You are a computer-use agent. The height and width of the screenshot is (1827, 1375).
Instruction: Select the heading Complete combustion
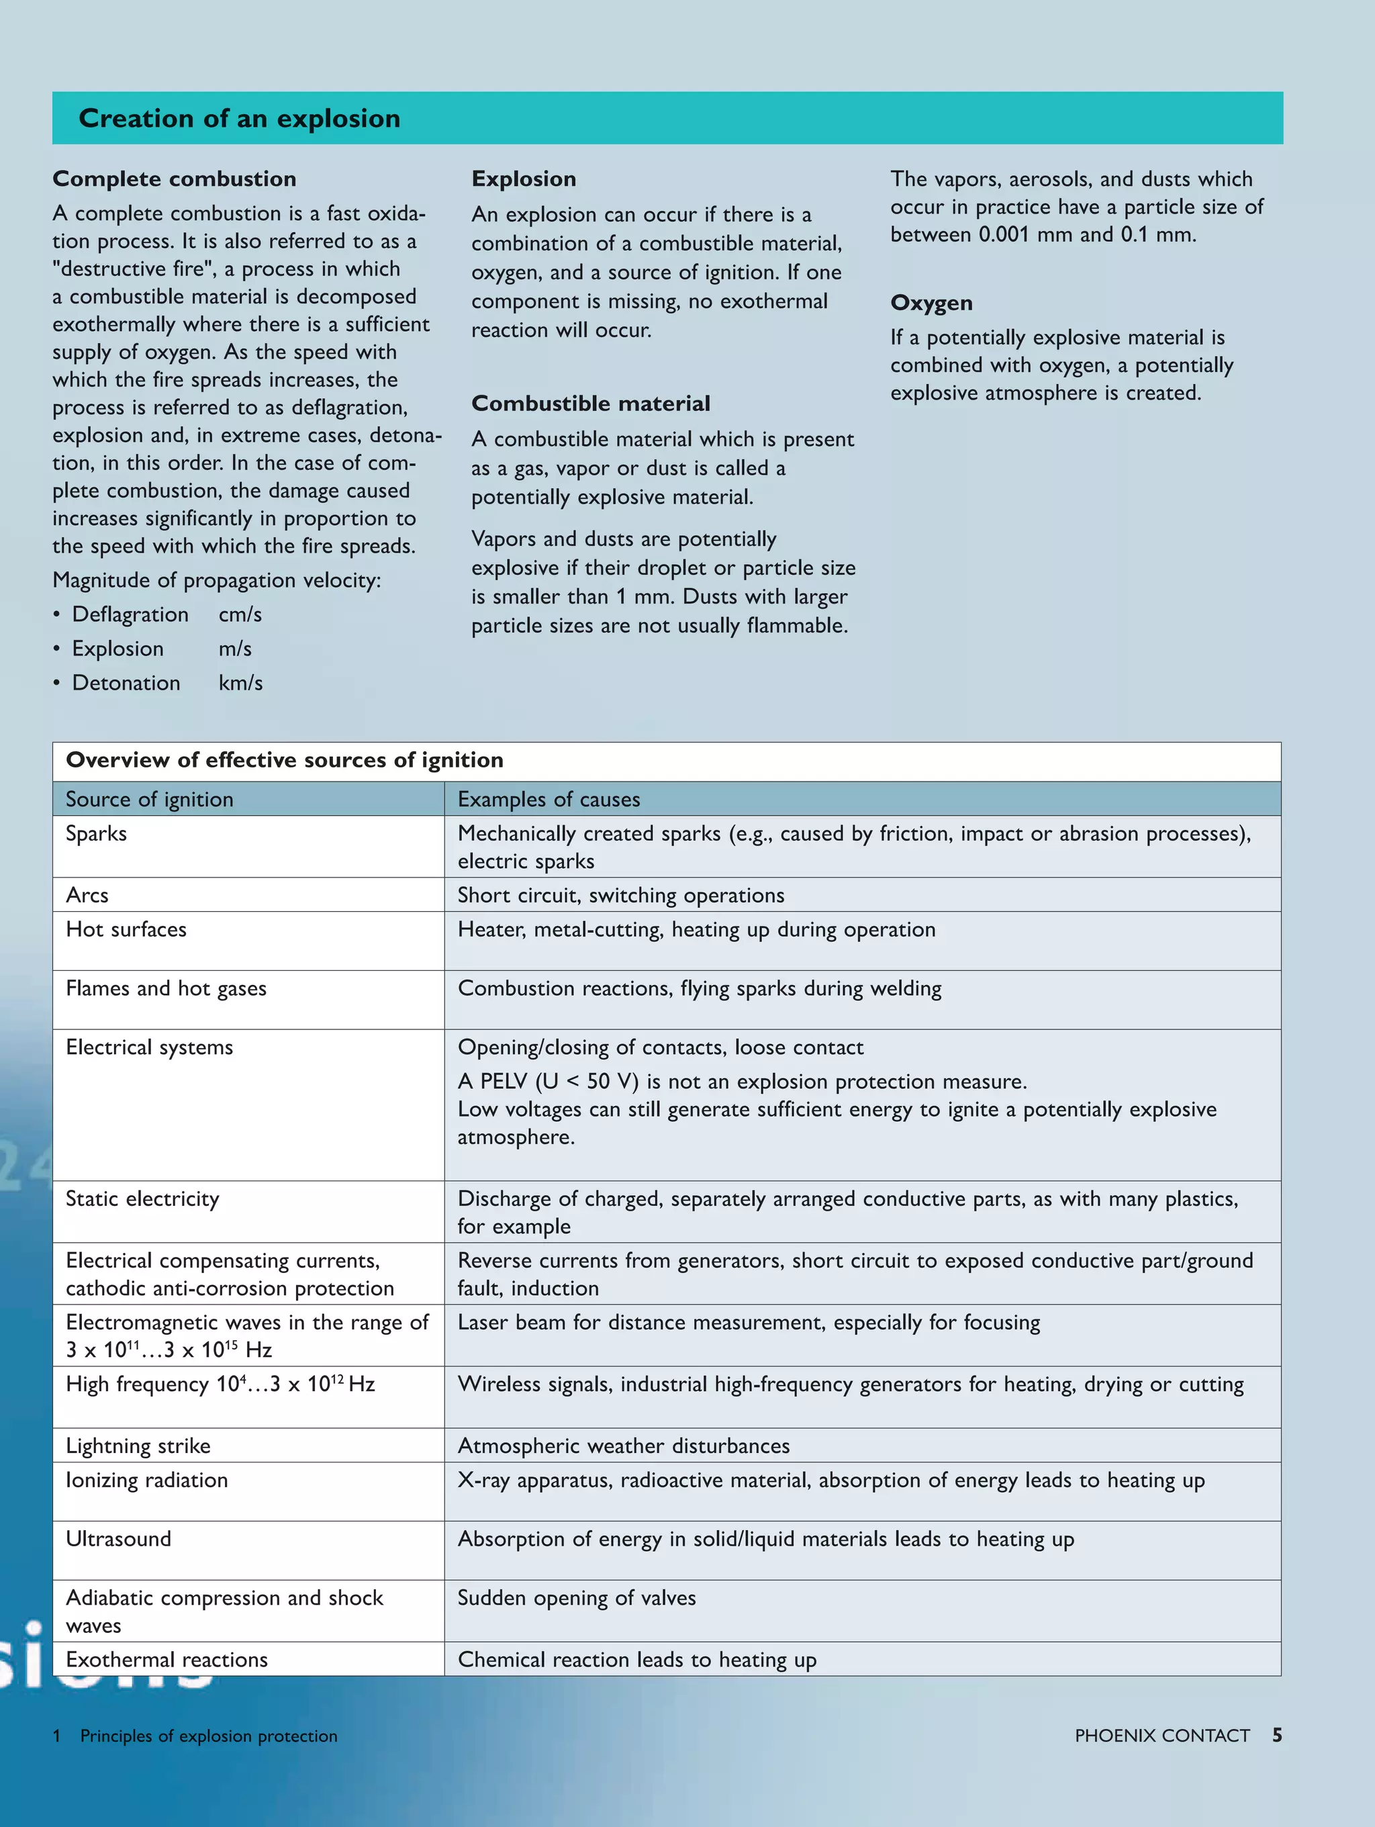point(175,179)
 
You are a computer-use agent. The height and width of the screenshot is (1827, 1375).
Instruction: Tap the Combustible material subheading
point(590,404)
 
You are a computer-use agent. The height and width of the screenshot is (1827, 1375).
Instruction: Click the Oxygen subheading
point(931,303)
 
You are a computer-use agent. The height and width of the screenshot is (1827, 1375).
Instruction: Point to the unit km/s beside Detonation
point(240,683)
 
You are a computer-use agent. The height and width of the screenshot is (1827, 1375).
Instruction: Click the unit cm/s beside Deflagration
point(240,614)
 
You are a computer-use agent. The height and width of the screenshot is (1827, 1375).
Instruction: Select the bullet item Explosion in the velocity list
point(117,649)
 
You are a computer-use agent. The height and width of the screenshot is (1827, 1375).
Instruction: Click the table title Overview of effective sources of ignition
point(284,760)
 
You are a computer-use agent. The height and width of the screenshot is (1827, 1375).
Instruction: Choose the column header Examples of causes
point(549,800)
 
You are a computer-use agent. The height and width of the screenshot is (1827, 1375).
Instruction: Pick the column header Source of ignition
point(150,800)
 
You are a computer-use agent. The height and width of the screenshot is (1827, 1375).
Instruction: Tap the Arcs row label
point(87,895)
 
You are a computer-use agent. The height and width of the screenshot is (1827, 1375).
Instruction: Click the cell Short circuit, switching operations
point(620,895)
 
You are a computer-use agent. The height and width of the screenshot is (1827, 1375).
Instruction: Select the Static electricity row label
point(142,1199)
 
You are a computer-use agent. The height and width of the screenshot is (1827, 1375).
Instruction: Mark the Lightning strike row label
point(138,1446)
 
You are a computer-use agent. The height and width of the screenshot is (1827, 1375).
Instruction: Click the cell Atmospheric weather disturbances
point(624,1446)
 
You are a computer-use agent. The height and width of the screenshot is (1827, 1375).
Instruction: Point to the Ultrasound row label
point(118,1539)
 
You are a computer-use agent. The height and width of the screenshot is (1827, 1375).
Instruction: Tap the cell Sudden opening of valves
point(577,1597)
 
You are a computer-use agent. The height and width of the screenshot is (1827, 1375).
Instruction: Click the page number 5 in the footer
point(1277,1735)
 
